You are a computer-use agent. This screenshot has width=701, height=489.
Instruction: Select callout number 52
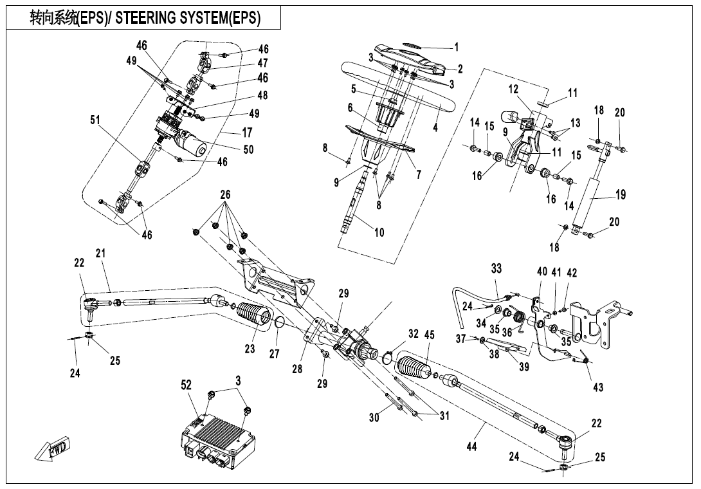tap(186, 385)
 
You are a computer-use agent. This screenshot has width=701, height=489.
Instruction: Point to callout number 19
tap(621, 194)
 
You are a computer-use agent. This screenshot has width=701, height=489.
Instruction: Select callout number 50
tap(249, 149)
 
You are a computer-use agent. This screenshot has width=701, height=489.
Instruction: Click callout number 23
tap(250, 348)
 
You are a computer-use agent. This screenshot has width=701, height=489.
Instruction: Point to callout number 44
tap(471, 446)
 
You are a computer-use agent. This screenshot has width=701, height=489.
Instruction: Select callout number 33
tap(496, 268)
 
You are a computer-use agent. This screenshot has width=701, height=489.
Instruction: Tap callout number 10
tap(379, 232)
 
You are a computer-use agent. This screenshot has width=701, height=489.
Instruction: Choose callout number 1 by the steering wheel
tap(457, 46)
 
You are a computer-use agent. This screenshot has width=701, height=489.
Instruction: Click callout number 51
tap(95, 120)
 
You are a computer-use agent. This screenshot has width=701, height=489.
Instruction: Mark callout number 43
tap(598, 387)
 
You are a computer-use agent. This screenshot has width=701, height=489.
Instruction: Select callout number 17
tap(247, 133)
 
